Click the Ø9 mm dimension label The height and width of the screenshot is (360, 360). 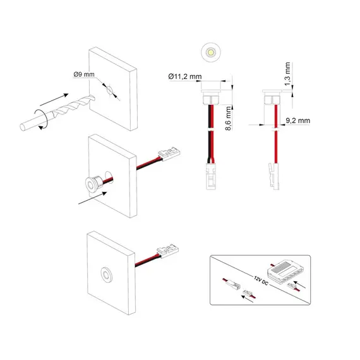[84, 75]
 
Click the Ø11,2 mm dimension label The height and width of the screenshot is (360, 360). [185, 76]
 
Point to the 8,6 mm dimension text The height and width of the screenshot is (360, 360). [228, 119]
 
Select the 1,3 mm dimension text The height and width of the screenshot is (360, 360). [287, 74]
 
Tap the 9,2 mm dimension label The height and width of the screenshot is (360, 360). [297, 121]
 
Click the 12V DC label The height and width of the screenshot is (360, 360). [261, 280]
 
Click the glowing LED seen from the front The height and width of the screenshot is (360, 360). [211, 52]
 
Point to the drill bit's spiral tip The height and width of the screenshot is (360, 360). [92, 98]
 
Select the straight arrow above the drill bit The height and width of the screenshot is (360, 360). [54, 99]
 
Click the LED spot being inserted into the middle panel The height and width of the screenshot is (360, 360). [93, 183]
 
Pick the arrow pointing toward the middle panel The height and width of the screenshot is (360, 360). [92, 198]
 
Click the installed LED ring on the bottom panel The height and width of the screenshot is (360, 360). [106, 275]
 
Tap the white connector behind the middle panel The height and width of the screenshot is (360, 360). [169, 153]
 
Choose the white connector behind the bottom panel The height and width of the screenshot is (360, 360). [167, 251]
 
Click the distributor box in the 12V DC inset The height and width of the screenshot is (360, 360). [284, 272]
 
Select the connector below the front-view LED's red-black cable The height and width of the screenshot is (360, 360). [210, 176]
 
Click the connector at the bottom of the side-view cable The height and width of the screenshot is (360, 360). [274, 176]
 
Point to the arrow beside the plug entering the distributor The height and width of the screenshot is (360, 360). [299, 284]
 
